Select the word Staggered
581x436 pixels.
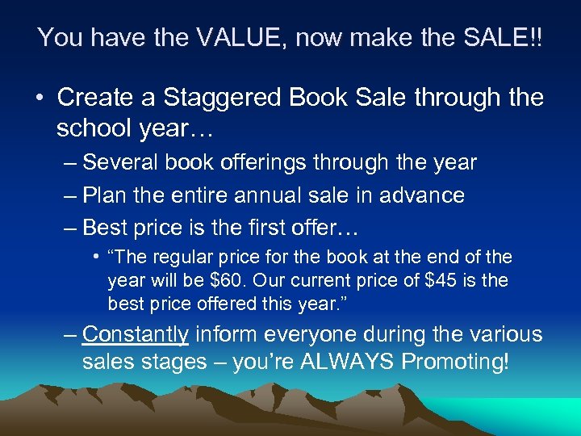coord(220,98)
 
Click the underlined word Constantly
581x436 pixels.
coord(136,334)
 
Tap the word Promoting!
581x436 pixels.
coord(458,362)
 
